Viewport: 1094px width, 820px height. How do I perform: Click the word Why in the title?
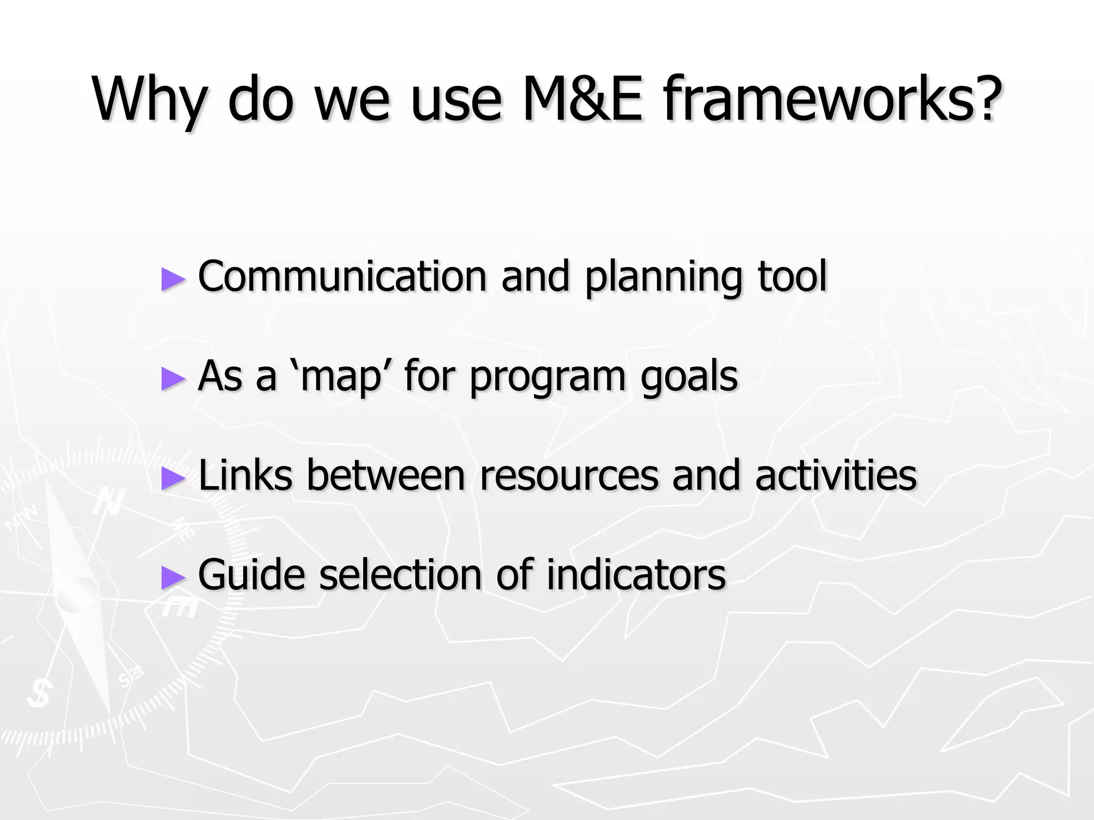tap(149, 100)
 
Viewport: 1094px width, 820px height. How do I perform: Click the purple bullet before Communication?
tap(173, 279)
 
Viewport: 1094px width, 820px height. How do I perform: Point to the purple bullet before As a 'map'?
tap(173, 379)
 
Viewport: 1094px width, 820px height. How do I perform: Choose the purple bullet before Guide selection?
tap(173, 577)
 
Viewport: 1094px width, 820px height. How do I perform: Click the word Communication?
tap(342, 276)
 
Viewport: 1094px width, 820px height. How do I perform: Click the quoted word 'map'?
tap(342, 376)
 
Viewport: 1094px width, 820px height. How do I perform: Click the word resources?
tap(569, 476)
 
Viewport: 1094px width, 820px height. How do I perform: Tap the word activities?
tap(835, 475)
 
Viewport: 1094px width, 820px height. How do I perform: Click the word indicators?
tap(636, 574)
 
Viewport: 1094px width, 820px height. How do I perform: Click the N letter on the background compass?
tap(110, 502)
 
